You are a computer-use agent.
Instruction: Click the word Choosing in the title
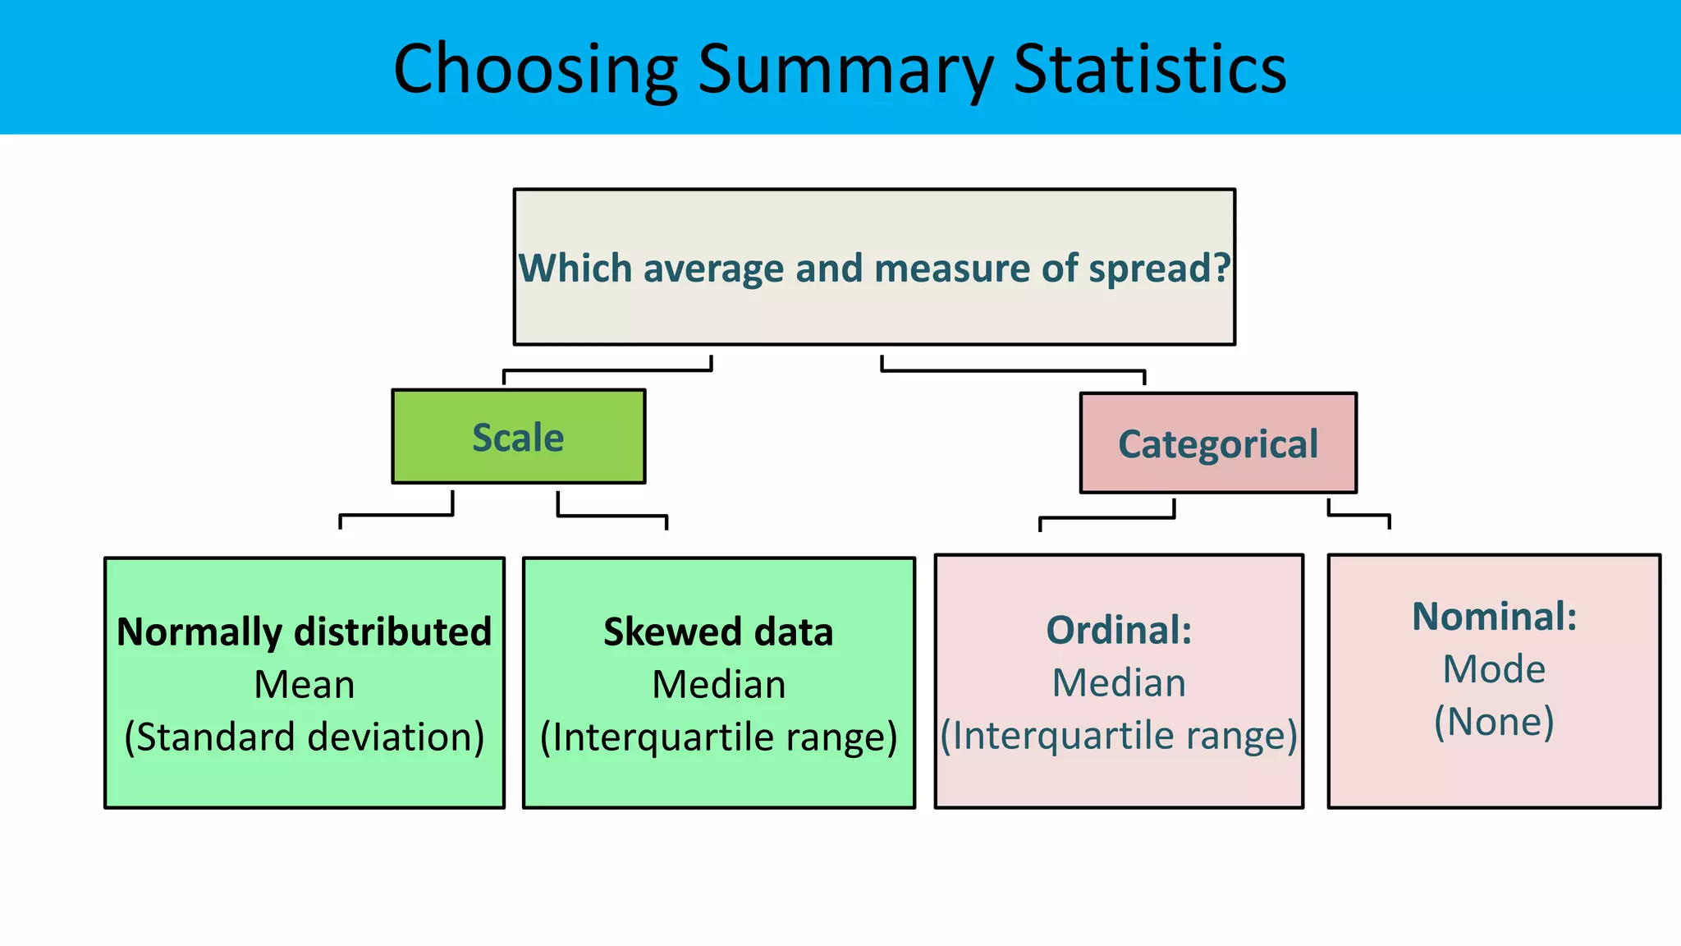535,70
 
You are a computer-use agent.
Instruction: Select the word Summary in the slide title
845,70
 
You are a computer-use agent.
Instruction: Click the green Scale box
518,437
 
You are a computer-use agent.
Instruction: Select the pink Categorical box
1218,443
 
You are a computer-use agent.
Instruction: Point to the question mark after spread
1222,268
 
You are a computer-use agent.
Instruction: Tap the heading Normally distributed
304,631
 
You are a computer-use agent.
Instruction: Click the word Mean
304,684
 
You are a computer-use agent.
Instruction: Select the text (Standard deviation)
304,737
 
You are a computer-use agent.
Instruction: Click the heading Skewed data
718,631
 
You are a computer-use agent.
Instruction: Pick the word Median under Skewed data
718,684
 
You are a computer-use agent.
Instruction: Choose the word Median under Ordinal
1119,682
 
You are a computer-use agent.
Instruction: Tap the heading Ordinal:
1119,630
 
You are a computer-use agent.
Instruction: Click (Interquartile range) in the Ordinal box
1119,735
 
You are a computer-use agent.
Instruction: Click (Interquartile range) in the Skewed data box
718,737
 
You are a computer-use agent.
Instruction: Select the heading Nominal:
1494,616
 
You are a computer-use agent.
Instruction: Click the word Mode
1494,668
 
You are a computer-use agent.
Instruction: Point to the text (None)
1494,721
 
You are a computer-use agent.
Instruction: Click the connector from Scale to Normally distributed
396,516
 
